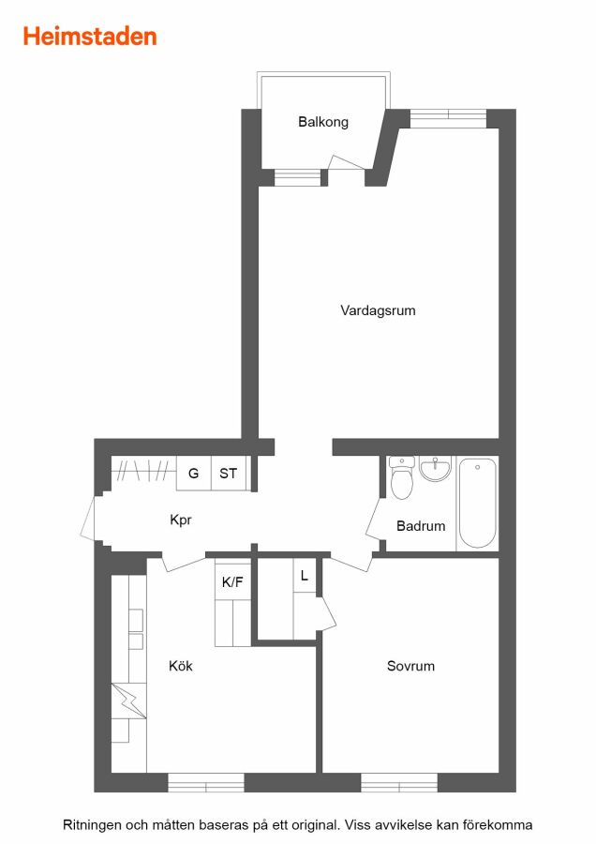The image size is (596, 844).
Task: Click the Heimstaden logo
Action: [90, 37]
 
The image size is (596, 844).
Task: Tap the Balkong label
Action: [323, 122]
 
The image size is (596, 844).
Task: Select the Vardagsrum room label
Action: [378, 310]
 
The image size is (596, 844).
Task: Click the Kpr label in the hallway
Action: [181, 520]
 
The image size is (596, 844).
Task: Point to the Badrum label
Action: [421, 526]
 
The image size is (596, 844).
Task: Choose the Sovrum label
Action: [411, 666]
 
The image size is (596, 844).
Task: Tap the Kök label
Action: [181, 666]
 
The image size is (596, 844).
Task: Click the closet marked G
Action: [194, 474]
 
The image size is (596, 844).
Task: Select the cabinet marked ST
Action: [229, 474]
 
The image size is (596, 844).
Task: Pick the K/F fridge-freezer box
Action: [233, 580]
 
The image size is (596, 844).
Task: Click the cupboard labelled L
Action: [305, 576]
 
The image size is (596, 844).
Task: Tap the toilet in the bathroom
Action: [401, 478]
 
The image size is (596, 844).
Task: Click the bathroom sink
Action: [435, 470]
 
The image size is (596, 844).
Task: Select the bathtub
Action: [477, 503]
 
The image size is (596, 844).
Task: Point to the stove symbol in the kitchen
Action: [129, 701]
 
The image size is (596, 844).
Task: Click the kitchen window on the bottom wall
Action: [206, 783]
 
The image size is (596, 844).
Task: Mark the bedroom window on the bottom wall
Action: [399, 783]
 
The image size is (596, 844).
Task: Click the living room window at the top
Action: [448, 118]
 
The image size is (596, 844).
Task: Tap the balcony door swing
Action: [347, 162]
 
